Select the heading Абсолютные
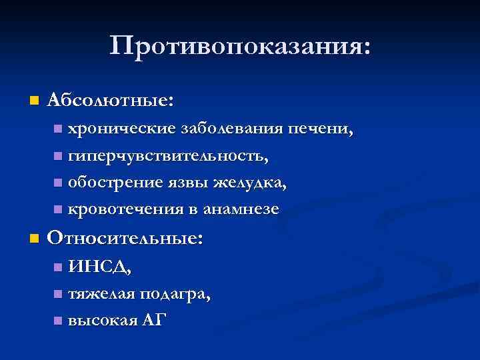tap(111, 101)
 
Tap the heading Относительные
tap(125, 239)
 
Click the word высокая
tap(101, 320)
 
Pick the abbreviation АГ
tap(153, 320)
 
